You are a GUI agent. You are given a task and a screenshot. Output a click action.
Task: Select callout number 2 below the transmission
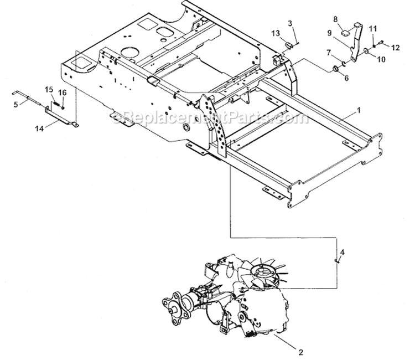point(301,351)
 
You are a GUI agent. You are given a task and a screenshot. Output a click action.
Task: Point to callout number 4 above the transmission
point(343,253)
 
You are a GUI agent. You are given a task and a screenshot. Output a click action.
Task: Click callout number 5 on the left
point(15,102)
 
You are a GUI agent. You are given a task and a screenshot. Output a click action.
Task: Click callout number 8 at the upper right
point(335,19)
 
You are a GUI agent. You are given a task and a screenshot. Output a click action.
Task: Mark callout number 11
point(372,28)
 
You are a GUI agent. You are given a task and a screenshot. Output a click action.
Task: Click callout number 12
point(395,49)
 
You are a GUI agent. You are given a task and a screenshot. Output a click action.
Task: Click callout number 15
point(49,89)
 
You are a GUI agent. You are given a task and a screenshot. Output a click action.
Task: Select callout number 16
point(62,92)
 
